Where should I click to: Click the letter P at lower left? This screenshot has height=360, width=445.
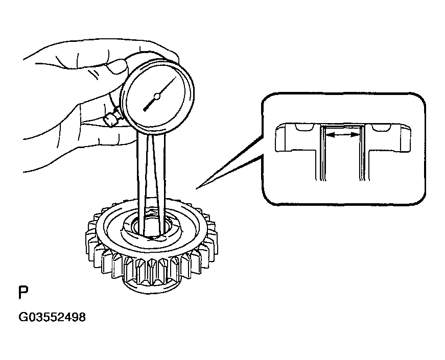click(24, 292)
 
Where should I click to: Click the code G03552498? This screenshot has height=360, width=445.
click(52, 317)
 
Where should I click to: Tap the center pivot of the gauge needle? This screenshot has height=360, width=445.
click(157, 97)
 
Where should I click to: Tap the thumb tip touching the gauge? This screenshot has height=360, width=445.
click(119, 66)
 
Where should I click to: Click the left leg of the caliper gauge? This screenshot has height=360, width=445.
click(142, 182)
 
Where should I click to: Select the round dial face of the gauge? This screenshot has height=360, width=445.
click(157, 97)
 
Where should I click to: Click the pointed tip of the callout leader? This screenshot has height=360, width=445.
click(196, 188)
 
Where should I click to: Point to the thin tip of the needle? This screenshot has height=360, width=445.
click(175, 79)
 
